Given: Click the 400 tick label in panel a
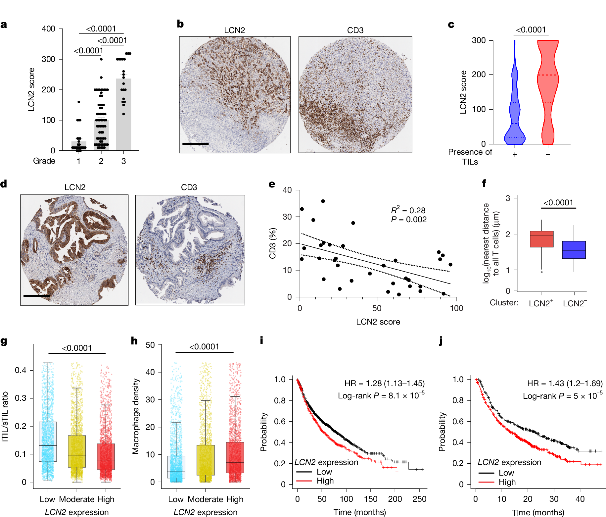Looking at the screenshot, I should click(48, 29).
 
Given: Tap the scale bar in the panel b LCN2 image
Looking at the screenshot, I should click(195, 144).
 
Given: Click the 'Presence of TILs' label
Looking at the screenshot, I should click(470, 157).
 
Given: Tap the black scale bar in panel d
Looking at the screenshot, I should click(36, 295).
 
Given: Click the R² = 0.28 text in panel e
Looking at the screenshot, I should click(408, 210).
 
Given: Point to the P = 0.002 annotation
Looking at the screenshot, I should click(409, 220).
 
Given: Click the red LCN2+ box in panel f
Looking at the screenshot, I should click(541, 239).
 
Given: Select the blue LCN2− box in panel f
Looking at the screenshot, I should click(574, 250).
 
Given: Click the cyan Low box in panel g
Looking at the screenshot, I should click(48, 441).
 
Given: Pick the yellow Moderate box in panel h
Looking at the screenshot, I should click(206, 460).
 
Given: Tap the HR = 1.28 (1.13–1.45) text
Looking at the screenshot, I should click(384, 384).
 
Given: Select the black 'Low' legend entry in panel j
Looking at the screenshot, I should click(496, 473).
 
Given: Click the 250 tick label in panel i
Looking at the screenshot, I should click(419, 499).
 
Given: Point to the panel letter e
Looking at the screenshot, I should click(272, 184).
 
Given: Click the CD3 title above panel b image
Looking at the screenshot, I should click(355, 30).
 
